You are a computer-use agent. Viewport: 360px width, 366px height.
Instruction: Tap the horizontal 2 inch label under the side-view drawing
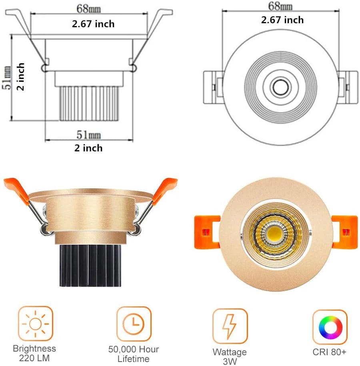coord(88,148)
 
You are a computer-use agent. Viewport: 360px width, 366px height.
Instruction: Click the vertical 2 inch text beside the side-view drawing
coord(21,77)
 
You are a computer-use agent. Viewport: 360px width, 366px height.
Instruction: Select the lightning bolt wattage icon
coord(230,326)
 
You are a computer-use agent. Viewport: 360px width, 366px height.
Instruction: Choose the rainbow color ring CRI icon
coord(330,327)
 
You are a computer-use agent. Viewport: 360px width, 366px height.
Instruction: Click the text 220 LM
coord(34,358)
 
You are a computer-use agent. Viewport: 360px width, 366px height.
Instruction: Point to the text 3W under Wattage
coord(230,362)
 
